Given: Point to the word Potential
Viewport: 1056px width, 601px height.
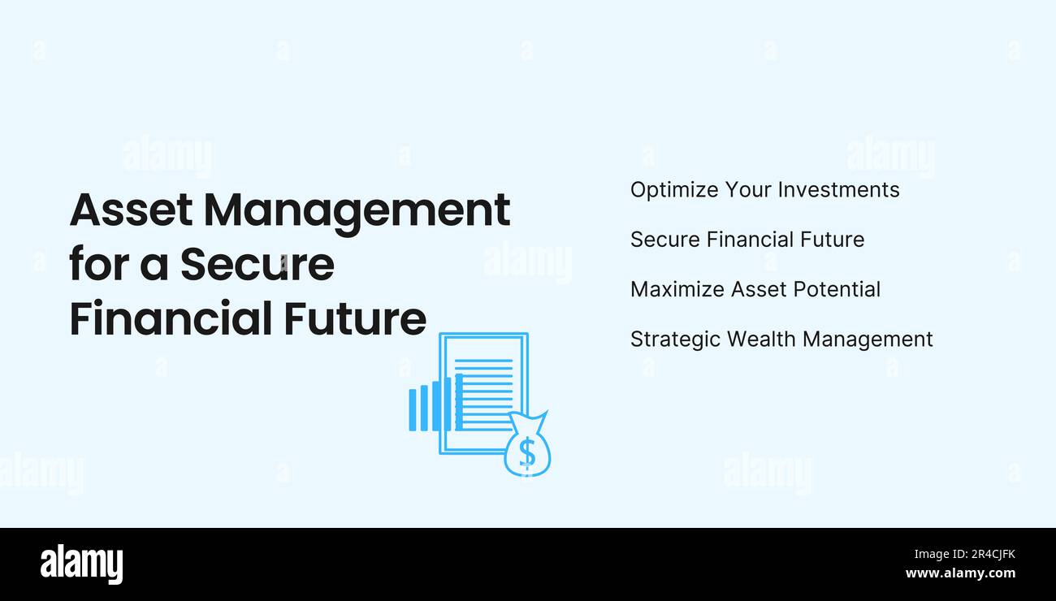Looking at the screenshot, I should (836, 289).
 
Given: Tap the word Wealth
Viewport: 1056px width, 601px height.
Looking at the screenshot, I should (760, 339).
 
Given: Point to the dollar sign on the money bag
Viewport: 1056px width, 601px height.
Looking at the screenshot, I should (527, 452).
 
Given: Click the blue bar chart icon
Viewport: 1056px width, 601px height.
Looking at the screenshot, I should (435, 404).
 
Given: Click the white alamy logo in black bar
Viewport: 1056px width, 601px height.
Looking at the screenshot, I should (81, 564).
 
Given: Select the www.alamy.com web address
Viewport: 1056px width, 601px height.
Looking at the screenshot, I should (960, 573).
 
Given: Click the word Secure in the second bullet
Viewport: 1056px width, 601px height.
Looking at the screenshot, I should (664, 240).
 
